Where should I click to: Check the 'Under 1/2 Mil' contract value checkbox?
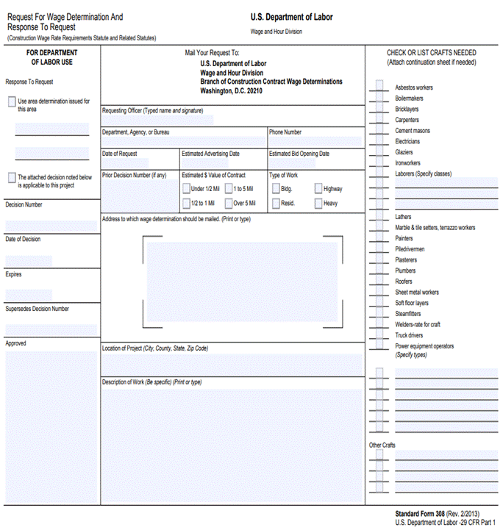click(x=186, y=189)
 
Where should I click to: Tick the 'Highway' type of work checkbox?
click(x=318, y=189)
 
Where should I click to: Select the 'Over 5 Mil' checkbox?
click(x=229, y=204)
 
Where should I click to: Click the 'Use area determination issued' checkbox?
click(x=12, y=101)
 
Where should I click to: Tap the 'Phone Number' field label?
click(x=285, y=132)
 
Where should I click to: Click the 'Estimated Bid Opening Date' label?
click(x=299, y=154)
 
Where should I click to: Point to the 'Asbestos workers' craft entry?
click(x=414, y=87)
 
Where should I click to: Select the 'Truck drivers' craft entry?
click(x=409, y=335)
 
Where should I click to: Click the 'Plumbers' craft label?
click(x=405, y=271)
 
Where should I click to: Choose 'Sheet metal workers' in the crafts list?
click(x=417, y=292)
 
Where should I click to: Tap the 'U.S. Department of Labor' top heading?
click(x=291, y=16)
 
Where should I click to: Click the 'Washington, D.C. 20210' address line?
click(x=231, y=91)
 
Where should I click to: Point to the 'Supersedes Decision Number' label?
click(x=37, y=309)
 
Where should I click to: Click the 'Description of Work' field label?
click(x=151, y=382)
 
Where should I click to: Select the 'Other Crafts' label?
click(x=382, y=445)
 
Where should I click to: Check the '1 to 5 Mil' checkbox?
click(x=229, y=189)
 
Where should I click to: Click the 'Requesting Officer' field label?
click(x=152, y=110)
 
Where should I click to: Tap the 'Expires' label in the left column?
click(x=14, y=274)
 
